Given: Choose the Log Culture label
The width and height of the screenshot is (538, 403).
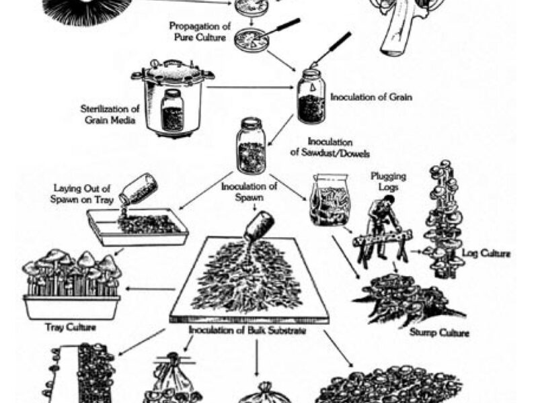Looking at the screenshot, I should pos(487,254).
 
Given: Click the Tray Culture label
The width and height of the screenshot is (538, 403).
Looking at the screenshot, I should pos(71,328).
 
